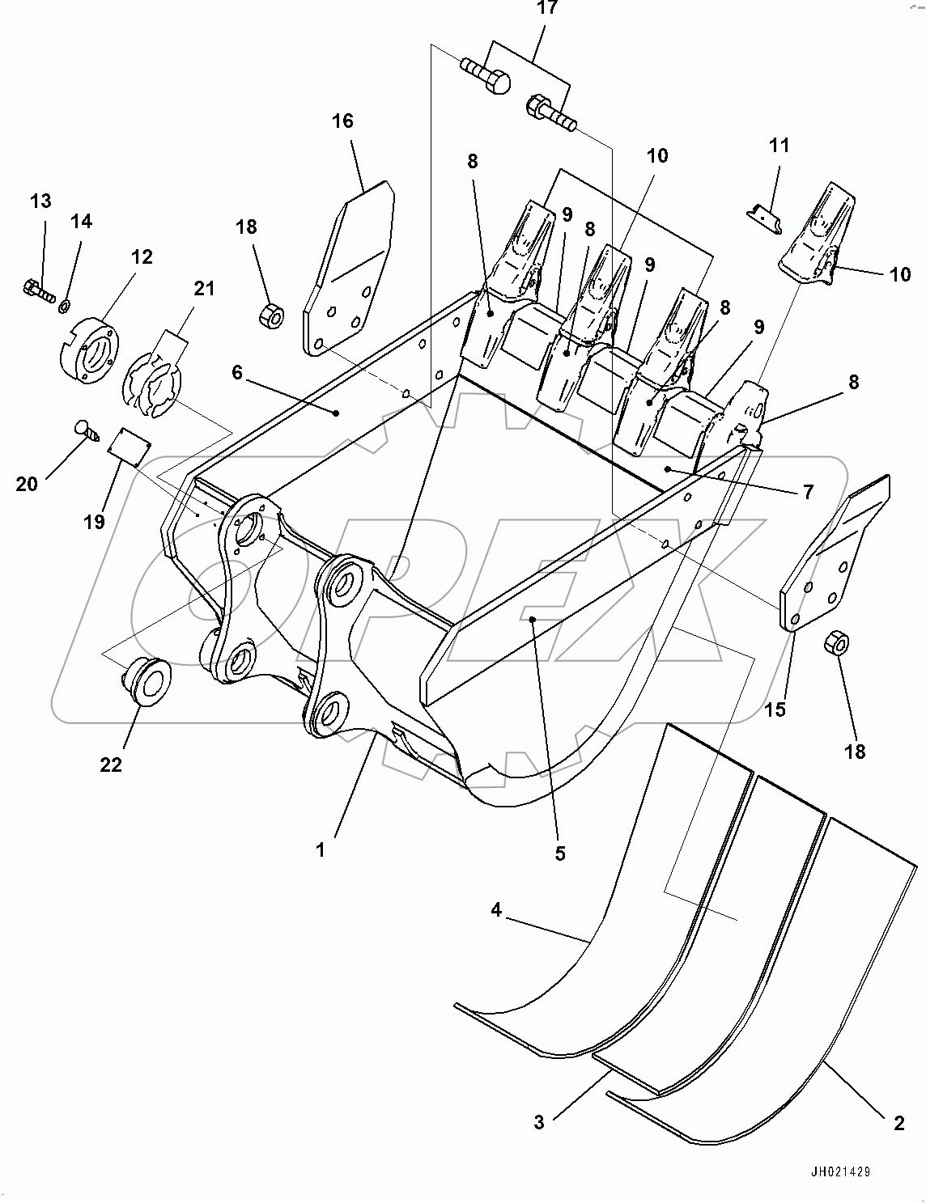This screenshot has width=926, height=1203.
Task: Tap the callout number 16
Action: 342,121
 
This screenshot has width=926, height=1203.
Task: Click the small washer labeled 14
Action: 64,304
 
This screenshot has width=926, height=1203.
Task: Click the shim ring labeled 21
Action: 154,386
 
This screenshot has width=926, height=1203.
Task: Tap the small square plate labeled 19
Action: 130,444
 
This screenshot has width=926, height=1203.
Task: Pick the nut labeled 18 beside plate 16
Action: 270,315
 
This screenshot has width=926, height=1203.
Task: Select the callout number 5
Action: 560,853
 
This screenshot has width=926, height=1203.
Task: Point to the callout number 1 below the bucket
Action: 321,850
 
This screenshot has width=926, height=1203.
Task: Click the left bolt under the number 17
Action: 485,75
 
